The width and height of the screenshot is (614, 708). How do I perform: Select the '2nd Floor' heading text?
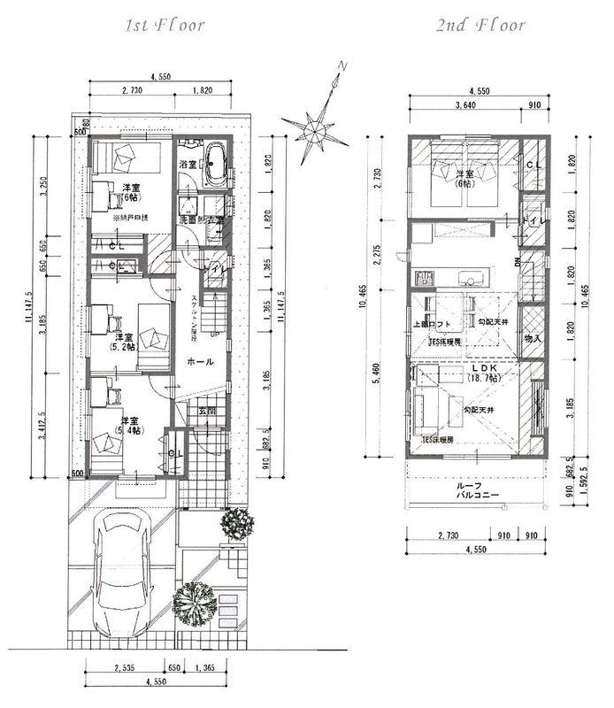(x=480, y=25)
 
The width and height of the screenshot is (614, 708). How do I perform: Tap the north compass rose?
(x=315, y=127)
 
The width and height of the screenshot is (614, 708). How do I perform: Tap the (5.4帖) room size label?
(x=131, y=430)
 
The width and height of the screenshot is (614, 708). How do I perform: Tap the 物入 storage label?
(x=533, y=337)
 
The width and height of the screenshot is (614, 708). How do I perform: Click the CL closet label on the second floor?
(x=533, y=165)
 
